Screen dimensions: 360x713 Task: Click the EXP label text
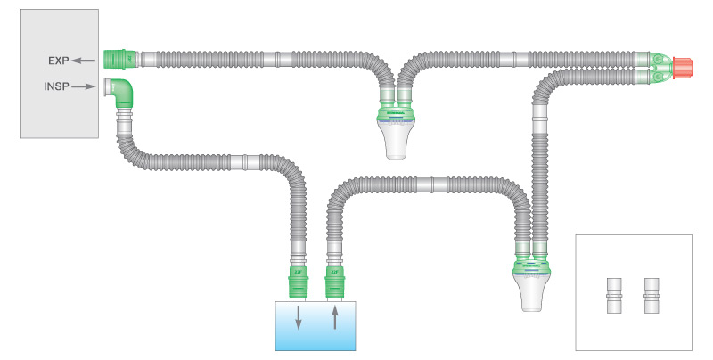[59, 61]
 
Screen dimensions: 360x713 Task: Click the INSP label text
[57, 86]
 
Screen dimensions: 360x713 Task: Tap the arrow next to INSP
[85, 86]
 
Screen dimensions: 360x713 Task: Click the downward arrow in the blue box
[299, 317]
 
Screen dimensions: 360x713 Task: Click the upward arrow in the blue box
[335, 317]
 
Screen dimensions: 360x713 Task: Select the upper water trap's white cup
[397, 139]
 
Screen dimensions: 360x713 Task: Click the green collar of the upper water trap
[397, 110]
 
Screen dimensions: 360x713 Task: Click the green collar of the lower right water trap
[534, 264]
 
